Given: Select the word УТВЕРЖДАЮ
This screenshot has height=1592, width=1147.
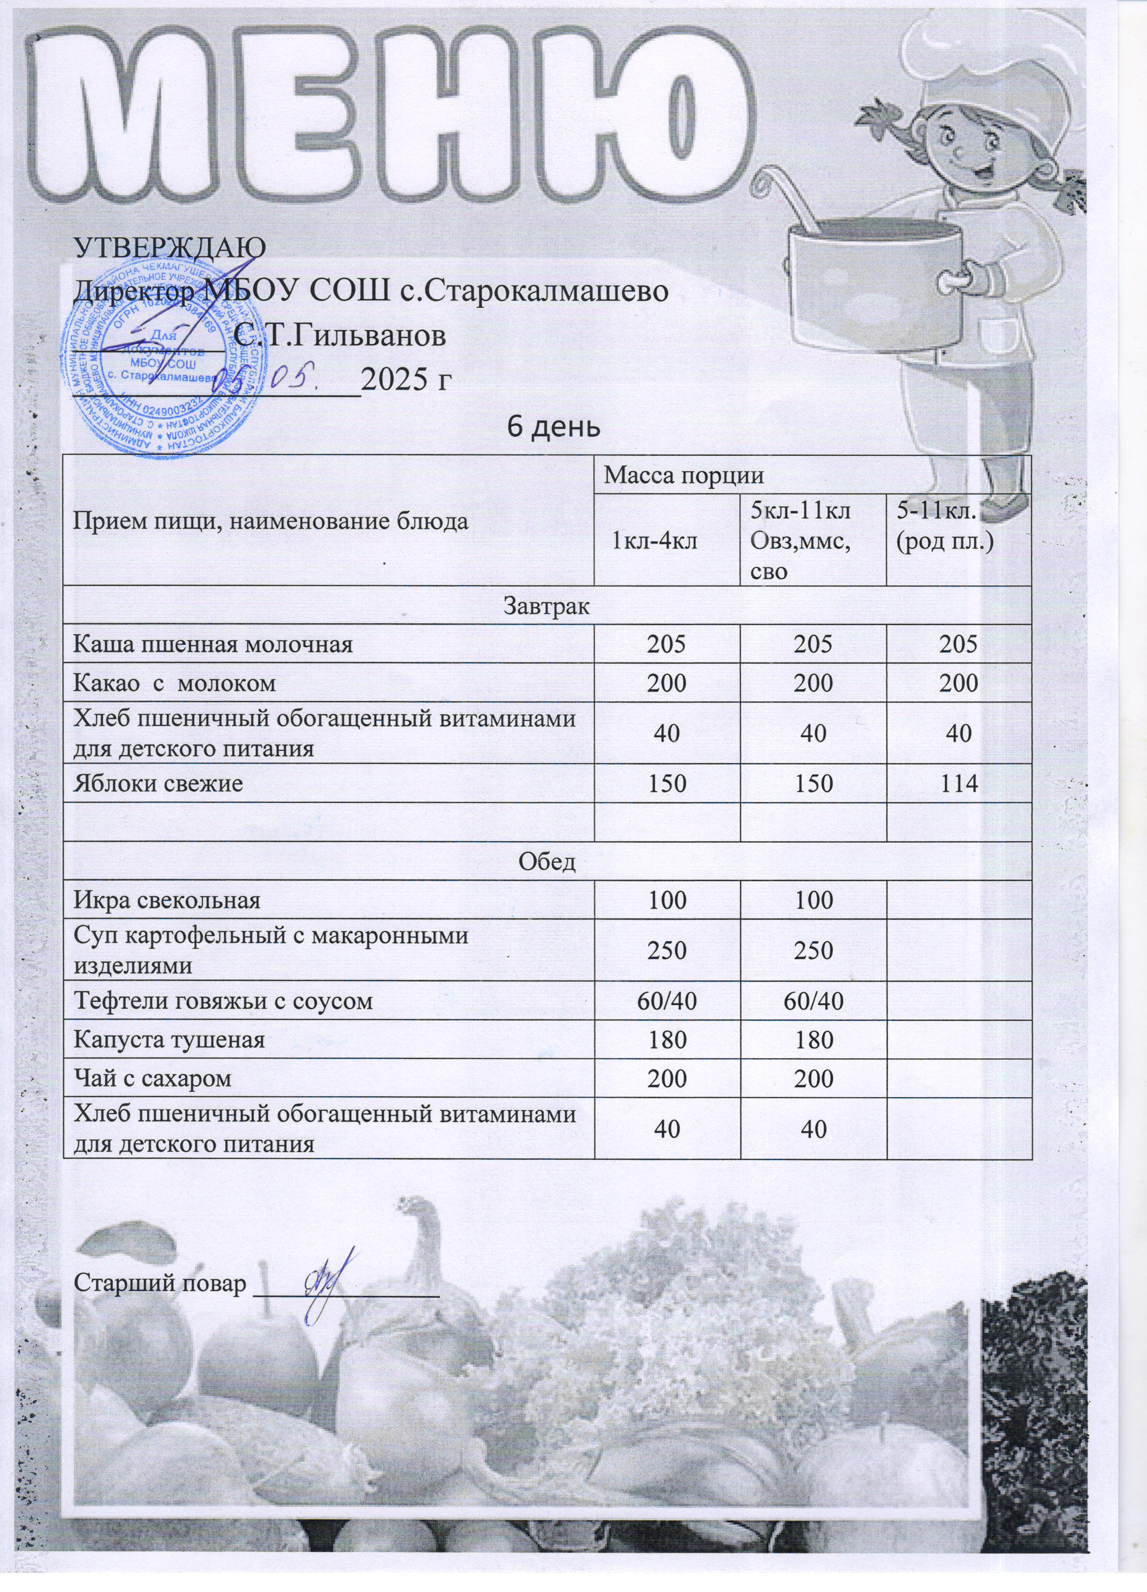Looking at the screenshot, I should tap(171, 247).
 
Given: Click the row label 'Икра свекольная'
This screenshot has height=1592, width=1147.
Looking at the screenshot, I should tap(168, 900).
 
